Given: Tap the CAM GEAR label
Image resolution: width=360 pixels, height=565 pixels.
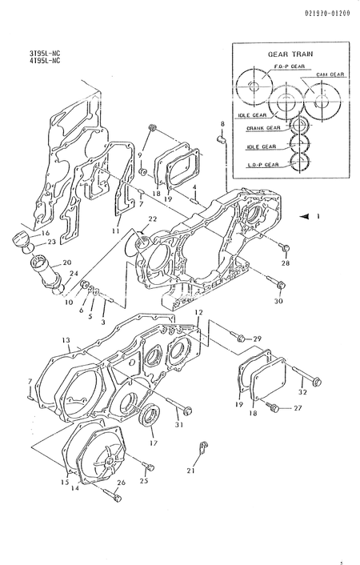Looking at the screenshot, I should pyautogui.click(x=329, y=74).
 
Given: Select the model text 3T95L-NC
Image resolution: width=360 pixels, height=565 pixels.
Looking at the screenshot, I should pyautogui.click(x=45, y=54).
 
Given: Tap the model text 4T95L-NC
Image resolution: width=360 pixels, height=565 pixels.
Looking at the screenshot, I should pyautogui.click(x=45, y=62).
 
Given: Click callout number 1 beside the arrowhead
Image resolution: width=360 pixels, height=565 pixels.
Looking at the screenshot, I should pyautogui.click(x=318, y=216).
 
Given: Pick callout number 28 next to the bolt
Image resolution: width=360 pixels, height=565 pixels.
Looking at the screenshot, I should pyautogui.click(x=286, y=262).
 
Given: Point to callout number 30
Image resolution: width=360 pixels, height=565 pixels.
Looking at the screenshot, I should pyautogui.click(x=279, y=302).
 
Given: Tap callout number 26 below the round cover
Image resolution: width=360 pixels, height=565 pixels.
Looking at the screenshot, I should pyautogui.click(x=122, y=483).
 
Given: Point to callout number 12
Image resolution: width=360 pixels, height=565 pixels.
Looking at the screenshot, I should pyautogui.click(x=198, y=312).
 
